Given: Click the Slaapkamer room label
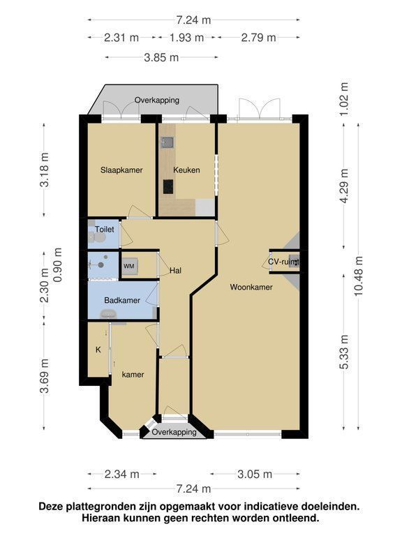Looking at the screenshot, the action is pos(121,170).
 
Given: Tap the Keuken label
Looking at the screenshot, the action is pos(186,170).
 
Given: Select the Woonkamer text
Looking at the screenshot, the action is pos(251,287).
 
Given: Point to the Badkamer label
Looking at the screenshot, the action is pos(122,301).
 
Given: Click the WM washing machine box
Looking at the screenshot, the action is pos(129,267).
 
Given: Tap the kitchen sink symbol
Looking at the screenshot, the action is pos(167,142).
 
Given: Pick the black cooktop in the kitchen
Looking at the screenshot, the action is pos(167,186).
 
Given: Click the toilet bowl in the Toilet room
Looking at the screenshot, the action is pos(92,237).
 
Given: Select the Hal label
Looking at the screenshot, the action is pos(176,271).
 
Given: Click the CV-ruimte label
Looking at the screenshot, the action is pos(283,262).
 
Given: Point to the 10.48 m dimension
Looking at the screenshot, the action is pos(359,276).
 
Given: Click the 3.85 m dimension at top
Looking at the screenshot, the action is pos(161,57).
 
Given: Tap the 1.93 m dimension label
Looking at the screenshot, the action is pos(186,37).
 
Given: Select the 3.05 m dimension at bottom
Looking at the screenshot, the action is pos(255,474).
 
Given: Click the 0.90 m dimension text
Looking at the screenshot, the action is pos(57,265).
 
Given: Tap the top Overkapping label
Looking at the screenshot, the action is pos(157,100).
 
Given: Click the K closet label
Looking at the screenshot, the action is pos(98,350).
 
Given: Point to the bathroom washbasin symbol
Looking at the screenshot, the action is pos(108,313).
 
